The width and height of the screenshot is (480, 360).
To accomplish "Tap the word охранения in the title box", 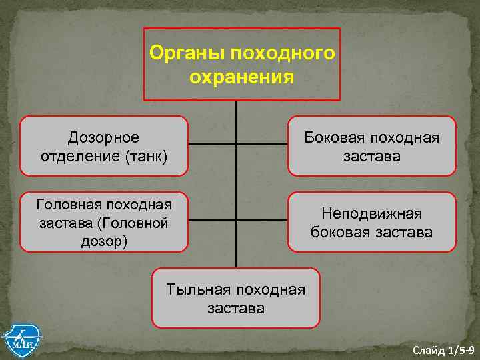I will (241, 77).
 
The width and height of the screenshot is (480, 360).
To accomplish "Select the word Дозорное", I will (104, 137).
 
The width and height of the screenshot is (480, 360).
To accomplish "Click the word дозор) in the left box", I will (104, 240).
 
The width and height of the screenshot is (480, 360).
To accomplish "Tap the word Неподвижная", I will (371, 213).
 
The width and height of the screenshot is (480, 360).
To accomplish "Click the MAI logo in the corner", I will (21, 341).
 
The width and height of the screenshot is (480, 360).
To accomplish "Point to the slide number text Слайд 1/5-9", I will (443, 350).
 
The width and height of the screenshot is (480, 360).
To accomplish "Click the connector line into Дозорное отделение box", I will (212, 144).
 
